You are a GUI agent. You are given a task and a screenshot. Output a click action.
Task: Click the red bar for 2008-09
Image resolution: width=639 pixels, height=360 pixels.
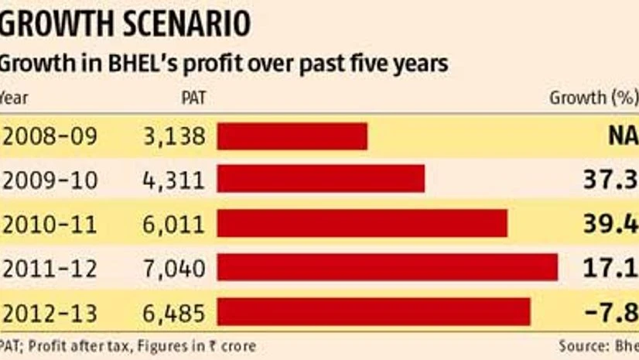(292, 136)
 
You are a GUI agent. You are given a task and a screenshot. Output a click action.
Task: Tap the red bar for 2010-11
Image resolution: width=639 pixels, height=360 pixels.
(362, 224)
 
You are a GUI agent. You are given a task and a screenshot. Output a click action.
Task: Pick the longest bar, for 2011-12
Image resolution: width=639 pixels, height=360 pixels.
(387, 268)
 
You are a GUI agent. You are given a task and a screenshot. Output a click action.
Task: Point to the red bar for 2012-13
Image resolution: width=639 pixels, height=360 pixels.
(373, 312)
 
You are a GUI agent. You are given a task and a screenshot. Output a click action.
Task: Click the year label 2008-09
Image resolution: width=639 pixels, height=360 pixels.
(51, 136)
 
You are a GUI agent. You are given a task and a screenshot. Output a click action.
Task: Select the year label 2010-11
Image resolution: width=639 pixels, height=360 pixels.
(51, 224)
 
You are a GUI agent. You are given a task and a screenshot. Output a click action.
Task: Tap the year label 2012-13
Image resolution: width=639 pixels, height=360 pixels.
(51, 313)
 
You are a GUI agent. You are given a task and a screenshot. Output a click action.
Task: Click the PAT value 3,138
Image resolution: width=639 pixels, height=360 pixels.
(174, 136)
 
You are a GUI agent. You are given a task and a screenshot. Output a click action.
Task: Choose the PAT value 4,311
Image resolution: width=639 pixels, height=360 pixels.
(174, 180)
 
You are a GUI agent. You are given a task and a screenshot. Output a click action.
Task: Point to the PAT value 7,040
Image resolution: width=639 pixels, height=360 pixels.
(174, 269)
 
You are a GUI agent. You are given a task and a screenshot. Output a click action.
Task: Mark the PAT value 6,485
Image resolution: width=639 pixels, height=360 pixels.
(174, 313)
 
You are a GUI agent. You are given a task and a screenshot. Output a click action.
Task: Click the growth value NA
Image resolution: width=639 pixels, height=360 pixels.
(621, 137)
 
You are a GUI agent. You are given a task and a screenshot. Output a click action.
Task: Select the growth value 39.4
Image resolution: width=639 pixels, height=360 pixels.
(610, 225)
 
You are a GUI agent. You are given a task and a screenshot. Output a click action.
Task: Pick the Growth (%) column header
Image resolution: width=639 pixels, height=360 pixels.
(593, 98)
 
